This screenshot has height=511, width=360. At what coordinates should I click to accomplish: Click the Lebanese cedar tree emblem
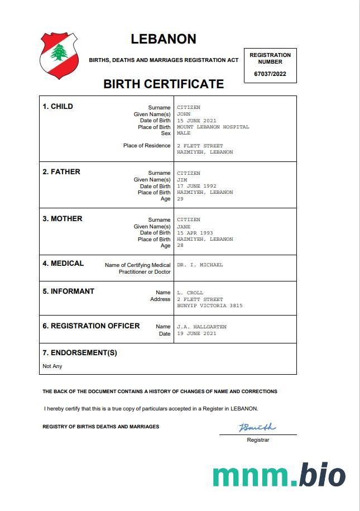click(59, 53)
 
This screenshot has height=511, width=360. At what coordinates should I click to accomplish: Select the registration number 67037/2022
click(270, 74)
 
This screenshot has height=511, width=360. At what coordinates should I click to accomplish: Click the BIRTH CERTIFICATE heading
click(164, 84)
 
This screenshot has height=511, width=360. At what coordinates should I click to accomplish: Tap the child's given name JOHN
click(184, 114)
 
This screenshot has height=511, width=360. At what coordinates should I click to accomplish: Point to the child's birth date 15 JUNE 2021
click(196, 121)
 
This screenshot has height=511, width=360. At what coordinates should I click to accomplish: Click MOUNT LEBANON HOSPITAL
click(213, 127)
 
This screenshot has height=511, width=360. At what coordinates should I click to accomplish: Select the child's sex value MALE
click(184, 133)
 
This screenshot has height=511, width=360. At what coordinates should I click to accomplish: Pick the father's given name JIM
click(182, 180)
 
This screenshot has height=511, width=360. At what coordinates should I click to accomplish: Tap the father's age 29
click(180, 199)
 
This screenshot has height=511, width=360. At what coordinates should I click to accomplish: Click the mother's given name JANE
click(184, 227)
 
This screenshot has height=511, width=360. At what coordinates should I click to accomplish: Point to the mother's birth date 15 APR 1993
click(195, 233)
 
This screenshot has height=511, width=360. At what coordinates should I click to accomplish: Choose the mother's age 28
click(180, 246)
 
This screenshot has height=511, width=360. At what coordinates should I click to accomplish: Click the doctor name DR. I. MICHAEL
click(200, 265)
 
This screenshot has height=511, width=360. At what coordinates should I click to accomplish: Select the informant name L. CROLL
click(190, 293)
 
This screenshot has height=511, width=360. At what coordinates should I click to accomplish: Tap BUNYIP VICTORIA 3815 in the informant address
click(209, 305)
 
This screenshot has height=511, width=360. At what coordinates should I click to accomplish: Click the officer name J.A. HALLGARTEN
click(201, 327)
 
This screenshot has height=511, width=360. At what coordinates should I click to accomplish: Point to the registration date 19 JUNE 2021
click(196, 333)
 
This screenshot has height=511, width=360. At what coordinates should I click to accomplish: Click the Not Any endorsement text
click(52, 366)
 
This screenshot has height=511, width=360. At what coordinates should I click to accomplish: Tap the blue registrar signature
click(257, 428)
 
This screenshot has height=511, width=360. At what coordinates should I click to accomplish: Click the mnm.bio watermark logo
click(279, 475)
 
